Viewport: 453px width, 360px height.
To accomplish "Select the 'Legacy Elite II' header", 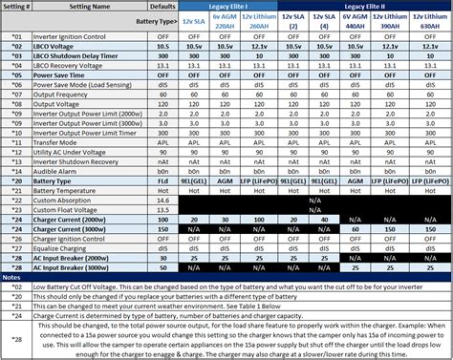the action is tap(369, 6).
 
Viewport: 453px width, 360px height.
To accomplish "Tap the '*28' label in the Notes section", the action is tap(15, 337).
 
